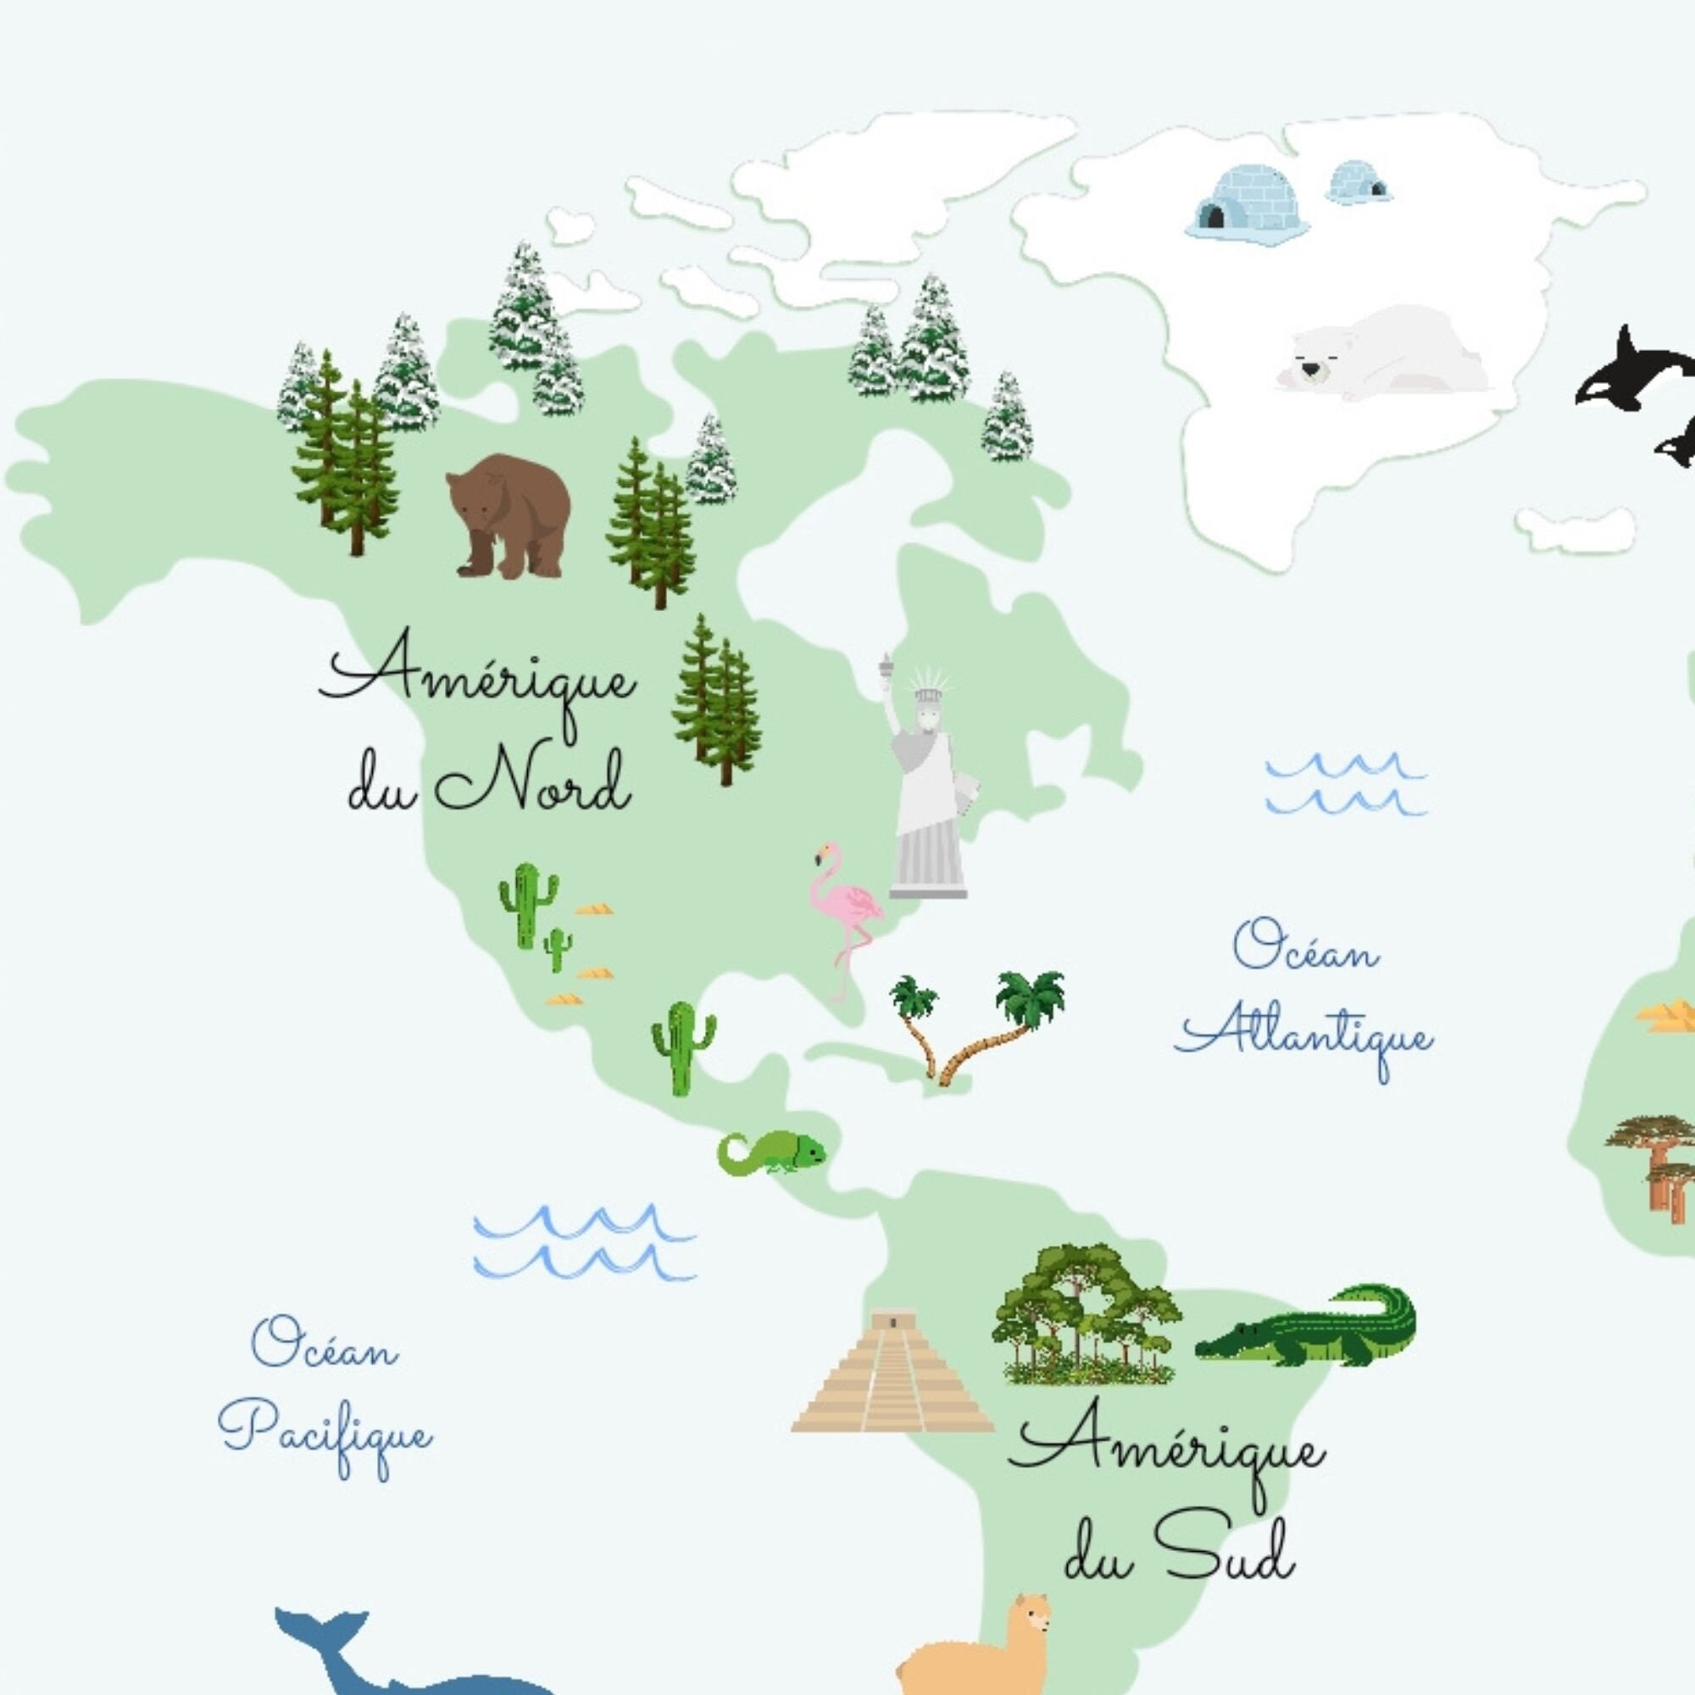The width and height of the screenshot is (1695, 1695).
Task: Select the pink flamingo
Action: pos(844,913)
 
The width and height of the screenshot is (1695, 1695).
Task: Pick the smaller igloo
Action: pos(1357,183)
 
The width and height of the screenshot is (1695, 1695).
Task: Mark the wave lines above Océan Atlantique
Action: pos(1344,783)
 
